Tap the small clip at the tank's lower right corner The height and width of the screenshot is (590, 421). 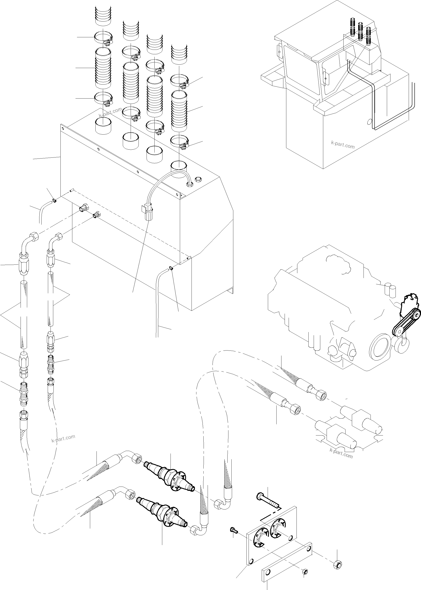pyautogui.click(x=171, y=268)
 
